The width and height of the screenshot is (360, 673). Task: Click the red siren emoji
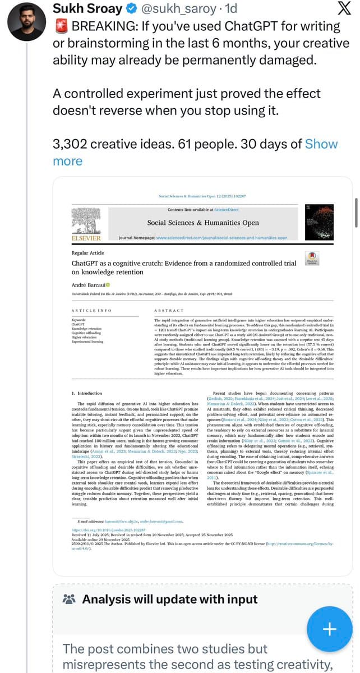point(60,26)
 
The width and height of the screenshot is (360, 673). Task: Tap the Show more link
point(321,144)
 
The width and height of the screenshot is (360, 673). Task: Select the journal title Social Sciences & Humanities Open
point(203,223)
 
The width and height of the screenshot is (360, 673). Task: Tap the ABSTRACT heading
point(168,310)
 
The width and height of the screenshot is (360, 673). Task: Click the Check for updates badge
point(311,257)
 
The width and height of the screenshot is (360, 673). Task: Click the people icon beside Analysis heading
point(70,600)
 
